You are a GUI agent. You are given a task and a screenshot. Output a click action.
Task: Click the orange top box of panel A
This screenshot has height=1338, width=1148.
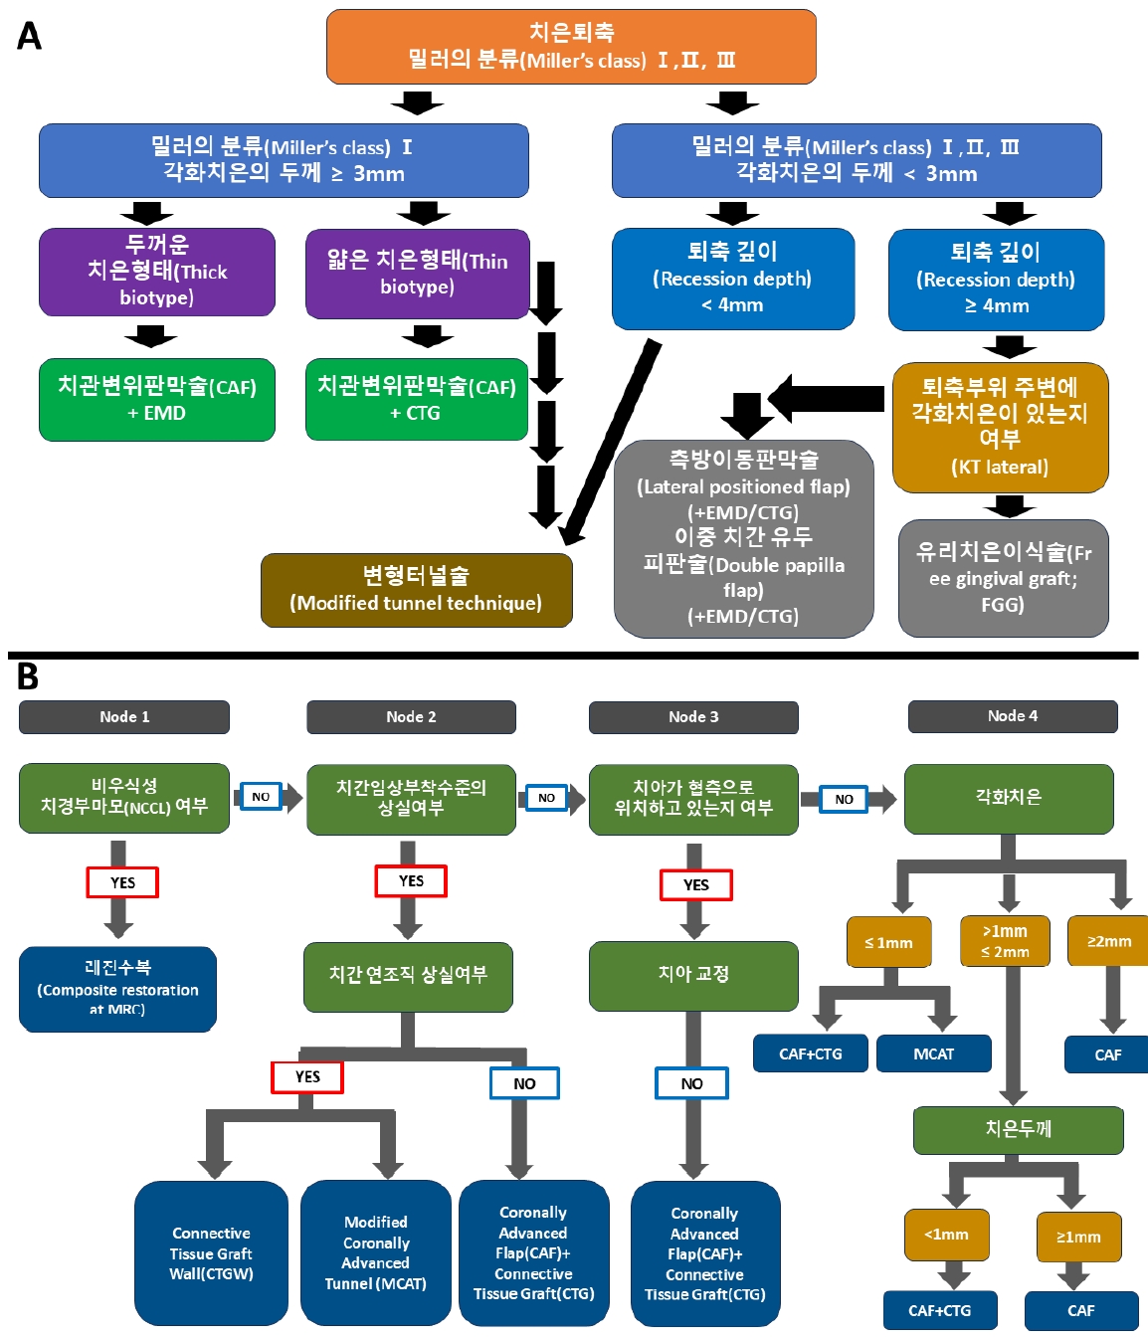571,47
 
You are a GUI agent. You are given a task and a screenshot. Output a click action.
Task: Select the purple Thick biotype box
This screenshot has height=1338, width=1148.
157,272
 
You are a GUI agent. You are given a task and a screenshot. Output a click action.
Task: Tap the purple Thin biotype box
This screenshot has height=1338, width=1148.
417,274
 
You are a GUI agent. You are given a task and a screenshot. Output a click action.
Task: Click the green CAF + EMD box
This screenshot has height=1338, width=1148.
157,399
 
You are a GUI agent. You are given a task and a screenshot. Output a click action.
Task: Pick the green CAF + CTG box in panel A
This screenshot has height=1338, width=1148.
417,399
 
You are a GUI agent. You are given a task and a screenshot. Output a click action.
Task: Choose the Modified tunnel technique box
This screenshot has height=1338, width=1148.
416,590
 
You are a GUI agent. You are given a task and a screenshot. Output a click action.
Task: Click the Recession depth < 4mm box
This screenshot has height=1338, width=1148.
733,279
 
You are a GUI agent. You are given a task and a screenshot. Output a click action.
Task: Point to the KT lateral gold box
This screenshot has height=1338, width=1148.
1000,427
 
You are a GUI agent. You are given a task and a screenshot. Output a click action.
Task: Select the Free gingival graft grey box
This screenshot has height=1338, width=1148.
1003,578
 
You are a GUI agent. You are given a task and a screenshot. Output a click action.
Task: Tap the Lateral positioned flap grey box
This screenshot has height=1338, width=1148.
744,538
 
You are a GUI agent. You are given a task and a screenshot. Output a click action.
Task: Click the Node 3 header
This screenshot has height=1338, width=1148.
693,717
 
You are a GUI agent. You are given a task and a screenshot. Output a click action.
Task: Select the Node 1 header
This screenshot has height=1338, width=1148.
124,717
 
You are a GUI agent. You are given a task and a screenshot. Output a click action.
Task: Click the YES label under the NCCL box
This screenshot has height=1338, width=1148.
122,882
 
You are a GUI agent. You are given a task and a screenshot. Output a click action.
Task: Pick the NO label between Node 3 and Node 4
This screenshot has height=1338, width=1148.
844,799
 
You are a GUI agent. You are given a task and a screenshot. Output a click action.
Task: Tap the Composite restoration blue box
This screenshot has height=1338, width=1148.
117,989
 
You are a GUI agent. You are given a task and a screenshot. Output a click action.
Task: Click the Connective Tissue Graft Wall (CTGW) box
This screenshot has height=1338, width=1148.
211,1253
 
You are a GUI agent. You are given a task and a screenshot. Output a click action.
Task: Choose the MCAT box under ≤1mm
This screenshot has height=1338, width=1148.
933,1053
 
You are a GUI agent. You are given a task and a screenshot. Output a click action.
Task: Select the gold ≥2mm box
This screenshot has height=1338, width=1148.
1108,941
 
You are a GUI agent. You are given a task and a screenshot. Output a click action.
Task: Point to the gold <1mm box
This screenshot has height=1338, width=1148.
946,1235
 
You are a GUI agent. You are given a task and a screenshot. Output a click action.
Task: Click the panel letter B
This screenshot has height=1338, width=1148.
28,676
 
